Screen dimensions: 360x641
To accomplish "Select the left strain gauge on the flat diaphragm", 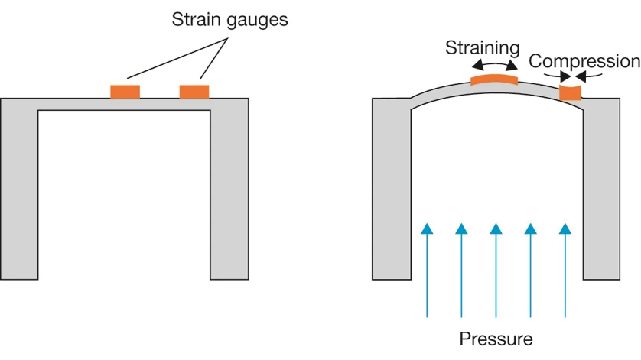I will click(125, 92).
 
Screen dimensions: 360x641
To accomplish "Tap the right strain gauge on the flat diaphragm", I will click(194, 92).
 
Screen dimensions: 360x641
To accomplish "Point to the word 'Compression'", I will click(584, 61).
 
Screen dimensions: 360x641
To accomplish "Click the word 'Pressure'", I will click(496, 338).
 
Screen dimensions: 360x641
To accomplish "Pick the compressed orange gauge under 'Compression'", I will click(571, 92).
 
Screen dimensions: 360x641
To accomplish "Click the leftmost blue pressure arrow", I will click(427, 268).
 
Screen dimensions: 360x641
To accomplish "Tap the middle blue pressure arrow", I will click(496, 268).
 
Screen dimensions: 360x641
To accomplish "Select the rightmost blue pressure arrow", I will click(565, 268).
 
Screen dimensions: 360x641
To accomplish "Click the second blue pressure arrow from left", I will click(461, 268).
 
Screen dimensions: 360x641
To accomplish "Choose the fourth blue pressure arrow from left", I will click(530, 268).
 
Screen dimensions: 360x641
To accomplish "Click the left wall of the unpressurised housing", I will click(19, 191).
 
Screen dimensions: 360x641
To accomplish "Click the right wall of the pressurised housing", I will click(602, 191).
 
